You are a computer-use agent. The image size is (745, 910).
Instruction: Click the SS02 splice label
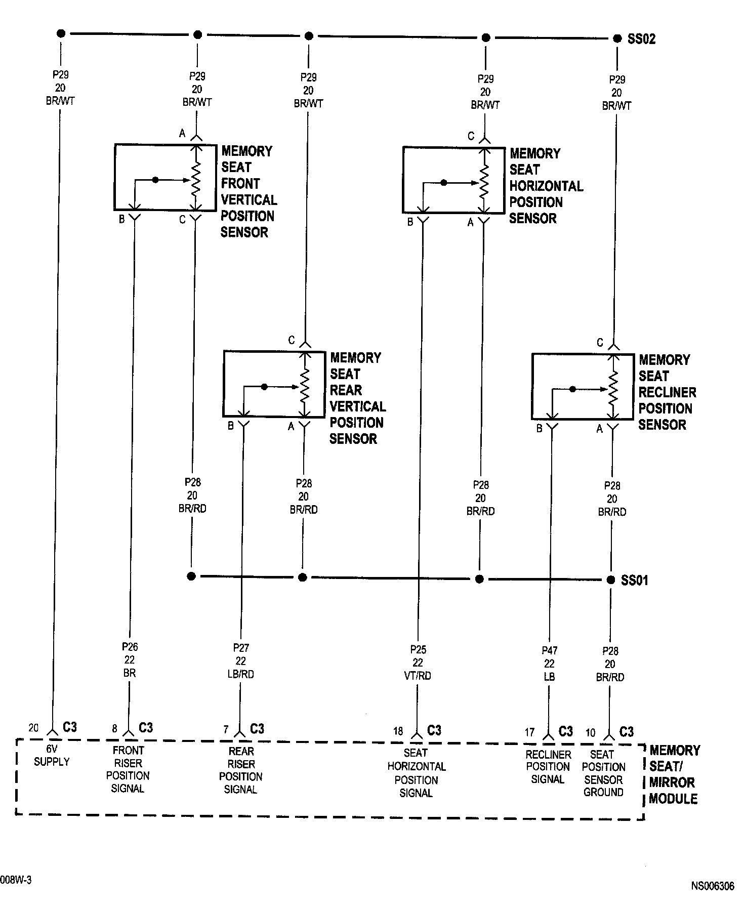[641, 39]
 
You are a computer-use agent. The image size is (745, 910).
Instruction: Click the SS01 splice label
[634, 580]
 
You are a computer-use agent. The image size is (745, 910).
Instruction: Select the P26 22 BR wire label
[130, 660]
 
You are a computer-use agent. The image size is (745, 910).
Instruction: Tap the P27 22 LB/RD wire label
[241, 661]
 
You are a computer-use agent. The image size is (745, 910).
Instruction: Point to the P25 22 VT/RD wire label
[418, 663]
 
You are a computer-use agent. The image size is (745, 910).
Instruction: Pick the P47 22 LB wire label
[549, 664]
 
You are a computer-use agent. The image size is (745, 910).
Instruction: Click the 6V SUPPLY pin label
[52, 756]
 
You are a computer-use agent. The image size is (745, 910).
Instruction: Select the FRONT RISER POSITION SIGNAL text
[128, 769]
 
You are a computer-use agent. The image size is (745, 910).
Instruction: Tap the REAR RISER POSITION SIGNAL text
[241, 770]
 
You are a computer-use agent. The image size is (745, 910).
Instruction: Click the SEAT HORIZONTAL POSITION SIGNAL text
[417, 773]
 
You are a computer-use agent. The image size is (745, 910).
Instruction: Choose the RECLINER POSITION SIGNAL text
[548, 767]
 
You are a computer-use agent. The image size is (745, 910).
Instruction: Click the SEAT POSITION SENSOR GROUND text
[603, 773]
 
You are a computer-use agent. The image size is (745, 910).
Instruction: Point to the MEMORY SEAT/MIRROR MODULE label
[674, 774]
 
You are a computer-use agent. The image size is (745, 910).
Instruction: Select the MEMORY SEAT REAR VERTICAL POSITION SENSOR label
[357, 398]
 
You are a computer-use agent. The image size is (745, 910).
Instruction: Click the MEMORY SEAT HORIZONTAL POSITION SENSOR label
[545, 186]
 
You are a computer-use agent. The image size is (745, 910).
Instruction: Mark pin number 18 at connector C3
[398, 731]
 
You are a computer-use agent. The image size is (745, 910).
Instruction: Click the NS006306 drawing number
[712, 886]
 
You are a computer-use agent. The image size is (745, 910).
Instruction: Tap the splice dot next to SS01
[611, 580]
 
